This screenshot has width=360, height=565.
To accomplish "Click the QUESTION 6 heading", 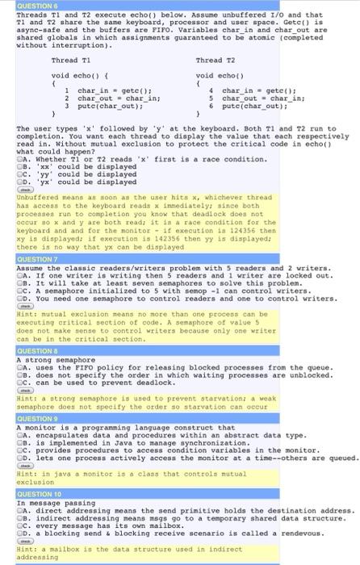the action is click(x=22, y=4).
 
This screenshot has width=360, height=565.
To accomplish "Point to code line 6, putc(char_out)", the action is click(x=248, y=106).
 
